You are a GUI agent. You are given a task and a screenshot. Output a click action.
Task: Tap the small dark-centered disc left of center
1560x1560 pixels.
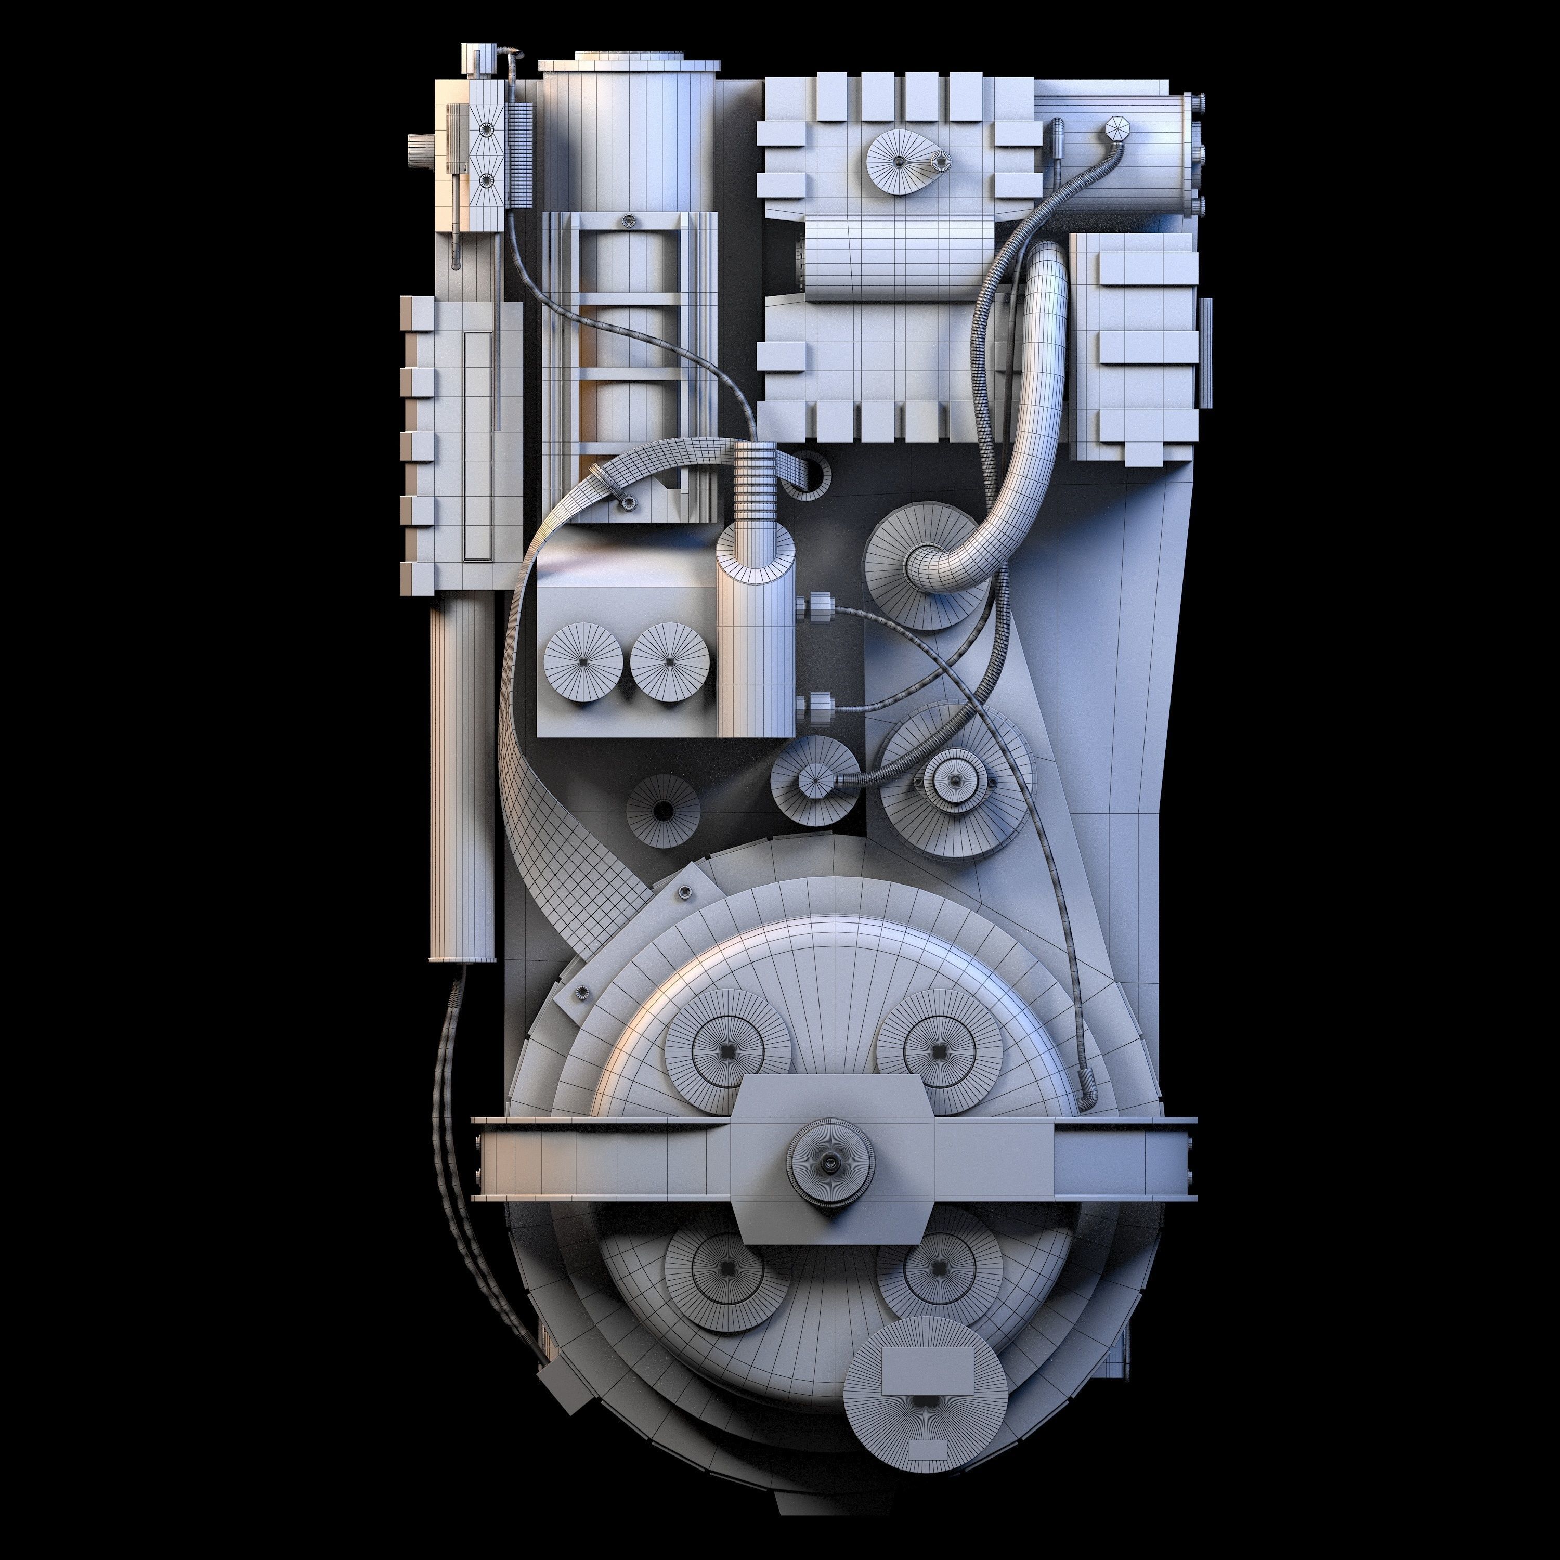pos(664,810)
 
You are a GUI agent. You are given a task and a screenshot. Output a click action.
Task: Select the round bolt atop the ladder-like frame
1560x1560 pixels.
pos(628,220)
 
